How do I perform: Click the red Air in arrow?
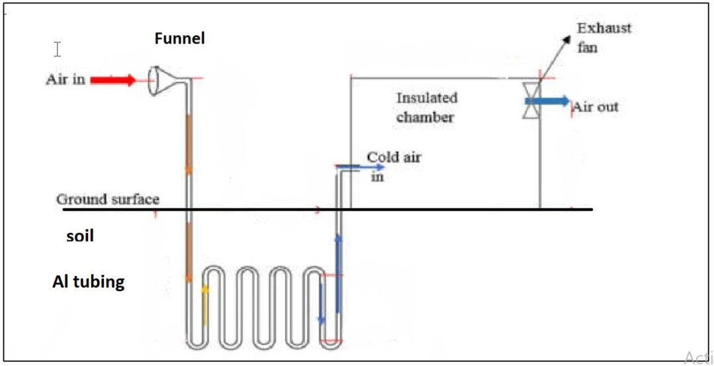(112, 80)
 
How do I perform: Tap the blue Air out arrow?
(546, 101)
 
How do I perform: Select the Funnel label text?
(180, 38)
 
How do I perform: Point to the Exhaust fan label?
(604, 38)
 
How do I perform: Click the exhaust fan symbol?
(532, 101)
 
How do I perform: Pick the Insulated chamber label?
(426, 107)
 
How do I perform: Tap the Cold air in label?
(393, 165)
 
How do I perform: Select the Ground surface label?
(108, 199)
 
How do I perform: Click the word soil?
(79, 236)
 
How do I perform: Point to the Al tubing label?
(88, 282)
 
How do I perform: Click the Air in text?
(65, 80)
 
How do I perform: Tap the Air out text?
(596, 107)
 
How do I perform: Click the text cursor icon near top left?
(58, 49)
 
